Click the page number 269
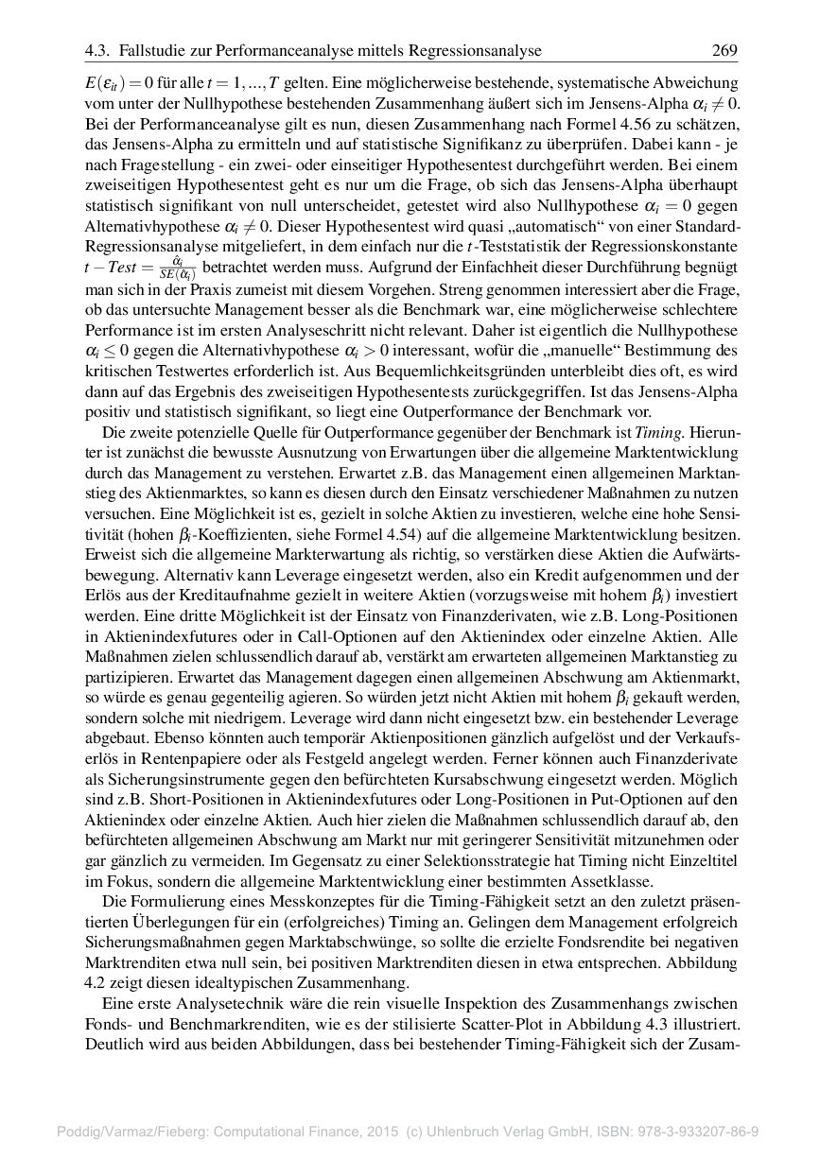point(724,50)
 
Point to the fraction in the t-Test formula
point(175,268)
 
